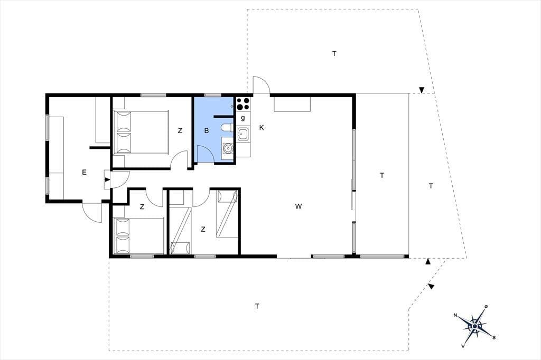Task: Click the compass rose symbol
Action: (x=475, y=326)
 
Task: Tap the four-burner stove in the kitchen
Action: (x=243, y=104)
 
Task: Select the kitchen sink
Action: (x=244, y=134)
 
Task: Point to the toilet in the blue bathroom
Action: (x=227, y=128)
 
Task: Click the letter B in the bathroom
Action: (x=207, y=131)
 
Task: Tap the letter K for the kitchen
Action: (x=262, y=128)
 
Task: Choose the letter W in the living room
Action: (x=299, y=206)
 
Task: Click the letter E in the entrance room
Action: (x=84, y=173)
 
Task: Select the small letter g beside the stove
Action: (x=243, y=118)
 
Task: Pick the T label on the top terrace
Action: (x=334, y=53)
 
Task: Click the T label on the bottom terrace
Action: (x=257, y=306)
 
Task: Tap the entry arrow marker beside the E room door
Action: (x=107, y=179)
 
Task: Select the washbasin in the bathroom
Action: (x=228, y=148)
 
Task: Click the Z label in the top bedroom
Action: (x=180, y=131)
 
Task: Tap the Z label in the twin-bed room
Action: (x=203, y=229)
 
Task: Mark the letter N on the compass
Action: (x=455, y=315)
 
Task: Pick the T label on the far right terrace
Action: (x=431, y=186)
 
